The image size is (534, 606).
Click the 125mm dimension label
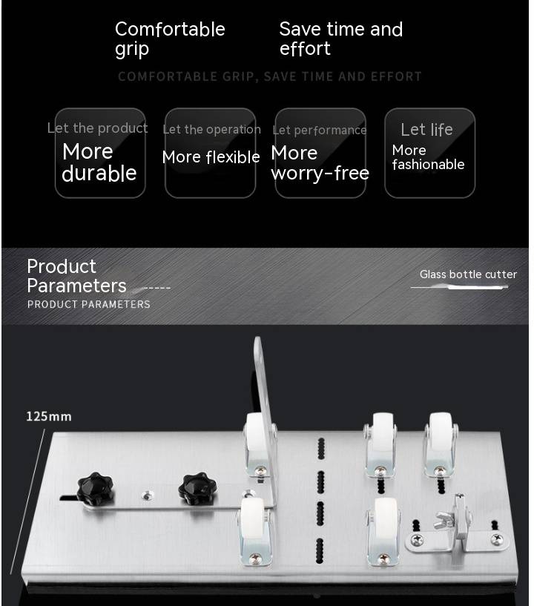point(49,416)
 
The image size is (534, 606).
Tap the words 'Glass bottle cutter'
point(468,274)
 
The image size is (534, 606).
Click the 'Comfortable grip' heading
point(170,39)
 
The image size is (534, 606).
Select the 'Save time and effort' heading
point(341,39)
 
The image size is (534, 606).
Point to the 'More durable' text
point(99,162)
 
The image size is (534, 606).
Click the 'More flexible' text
point(211,157)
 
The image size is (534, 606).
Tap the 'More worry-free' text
point(320,163)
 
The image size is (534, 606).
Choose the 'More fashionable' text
point(428,157)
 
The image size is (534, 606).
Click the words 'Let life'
point(426,130)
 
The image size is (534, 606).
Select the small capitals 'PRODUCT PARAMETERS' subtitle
point(89,305)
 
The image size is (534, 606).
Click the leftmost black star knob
point(95,489)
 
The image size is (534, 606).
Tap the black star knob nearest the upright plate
point(197,489)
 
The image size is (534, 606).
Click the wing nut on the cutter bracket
point(444,519)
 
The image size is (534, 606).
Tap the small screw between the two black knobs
point(147,495)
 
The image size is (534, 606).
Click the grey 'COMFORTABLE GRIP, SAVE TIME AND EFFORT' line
point(270,76)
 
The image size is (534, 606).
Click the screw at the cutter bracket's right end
point(496,539)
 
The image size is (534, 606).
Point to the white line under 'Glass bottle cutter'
point(459,287)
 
